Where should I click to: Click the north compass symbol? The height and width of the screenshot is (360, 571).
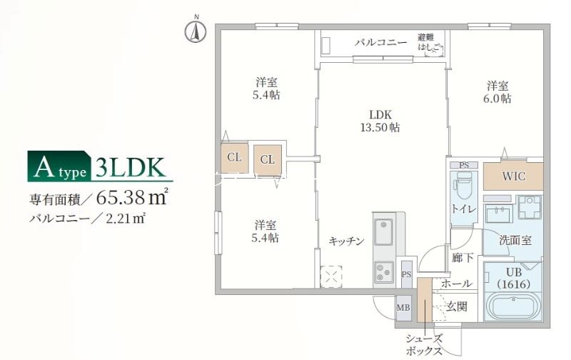point(195,31)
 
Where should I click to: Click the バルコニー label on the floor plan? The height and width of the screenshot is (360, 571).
point(381,43)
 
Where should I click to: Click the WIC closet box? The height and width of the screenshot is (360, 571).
point(513,176)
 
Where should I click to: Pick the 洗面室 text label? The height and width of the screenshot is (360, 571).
point(515,241)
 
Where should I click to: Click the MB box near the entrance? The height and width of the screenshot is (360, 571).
point(403,307)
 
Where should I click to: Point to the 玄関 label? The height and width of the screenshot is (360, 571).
point(457,306)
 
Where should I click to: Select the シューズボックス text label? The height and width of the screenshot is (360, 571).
point(425,345)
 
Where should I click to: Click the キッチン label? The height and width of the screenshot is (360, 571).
point(346,241)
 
